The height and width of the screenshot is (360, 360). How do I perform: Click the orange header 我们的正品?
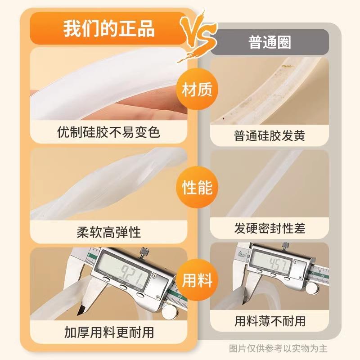[x=108, y=28]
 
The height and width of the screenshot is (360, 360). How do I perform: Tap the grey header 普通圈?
[x=270, y=42]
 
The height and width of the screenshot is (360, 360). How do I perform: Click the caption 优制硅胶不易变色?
[x=109, y=132]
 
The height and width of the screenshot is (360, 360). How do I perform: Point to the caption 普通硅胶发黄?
[x=270, y=135]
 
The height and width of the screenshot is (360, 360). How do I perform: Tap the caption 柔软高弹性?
[x=109, y=232]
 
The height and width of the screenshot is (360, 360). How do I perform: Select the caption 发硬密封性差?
[x=270, y=229]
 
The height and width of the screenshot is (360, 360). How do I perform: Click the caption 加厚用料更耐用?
[x=109, y=333]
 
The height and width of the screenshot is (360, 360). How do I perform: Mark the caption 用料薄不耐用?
[x=270, y=321]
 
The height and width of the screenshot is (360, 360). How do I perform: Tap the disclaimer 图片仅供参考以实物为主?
[x=278, y=348]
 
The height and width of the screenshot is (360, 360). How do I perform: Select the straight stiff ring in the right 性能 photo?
[x=261, y=180]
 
